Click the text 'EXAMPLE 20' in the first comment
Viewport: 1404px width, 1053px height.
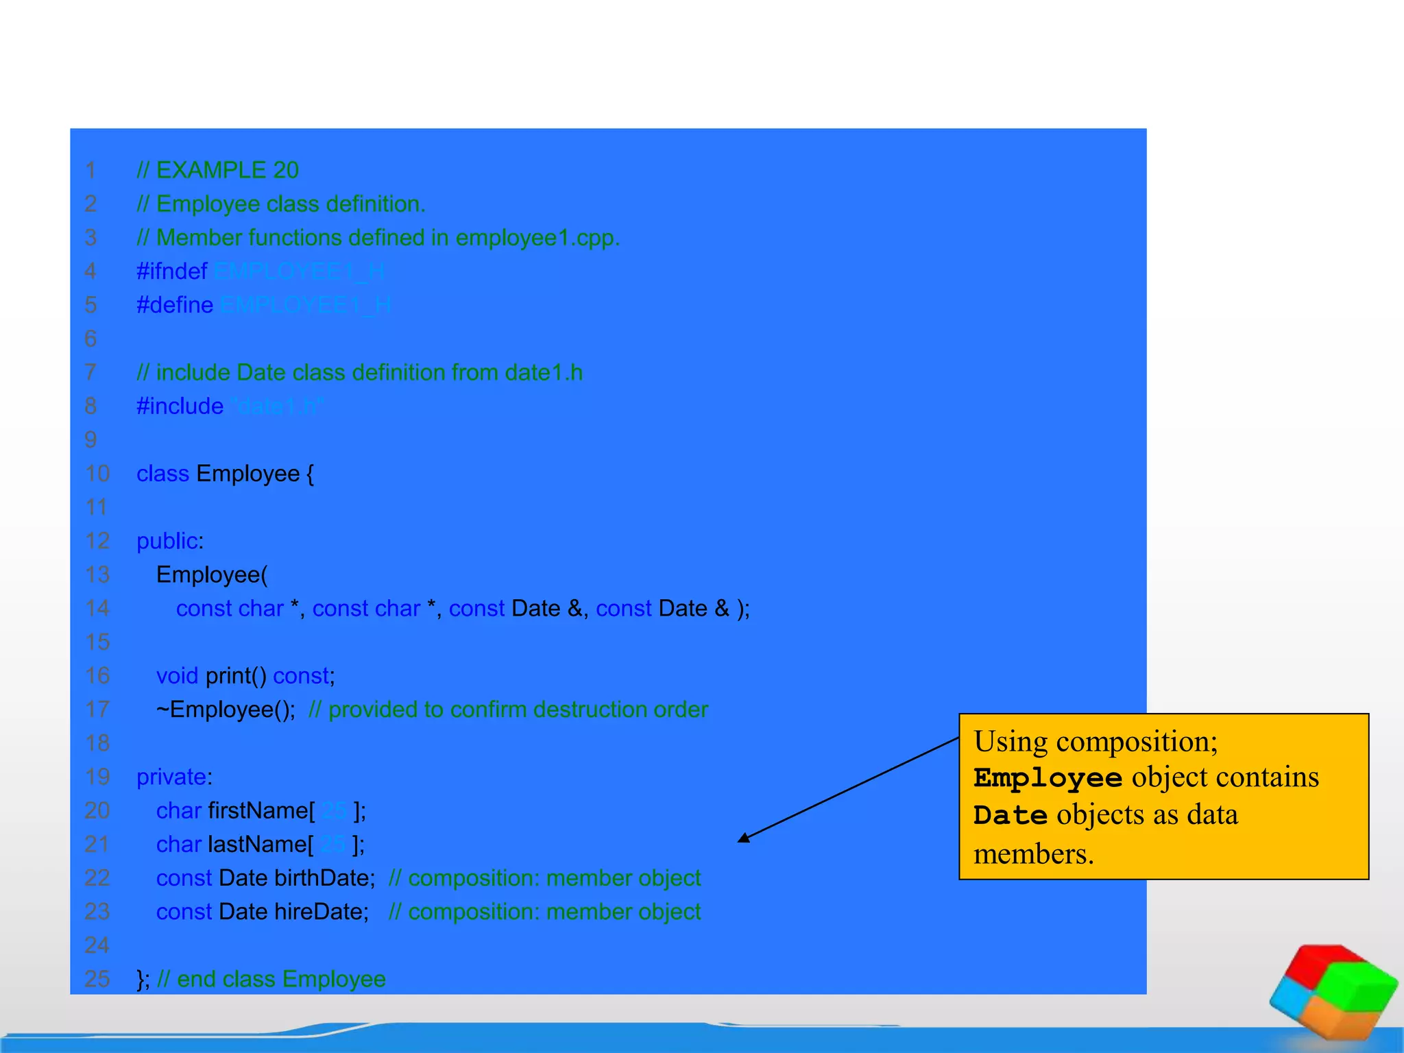coord(227,170)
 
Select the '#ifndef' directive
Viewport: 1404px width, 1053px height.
coord(171,271)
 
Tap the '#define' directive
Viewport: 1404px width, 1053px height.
coord(175,305)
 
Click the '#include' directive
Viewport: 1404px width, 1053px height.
coord(180,407)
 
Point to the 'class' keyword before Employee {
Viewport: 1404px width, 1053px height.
coord(162,474)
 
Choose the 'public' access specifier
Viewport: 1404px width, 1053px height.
coord(167,541)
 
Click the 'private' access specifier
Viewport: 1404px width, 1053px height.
coord(171,777)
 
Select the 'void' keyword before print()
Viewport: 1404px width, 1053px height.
coord(177,676)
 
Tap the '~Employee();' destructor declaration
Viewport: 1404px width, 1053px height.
coord(226,710)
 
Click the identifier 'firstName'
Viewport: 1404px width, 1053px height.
coord(258,810)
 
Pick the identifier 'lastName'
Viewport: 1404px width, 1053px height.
coord(257,844)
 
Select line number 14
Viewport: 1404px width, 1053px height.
coord(97,609)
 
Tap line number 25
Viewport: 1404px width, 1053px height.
coord(97,979)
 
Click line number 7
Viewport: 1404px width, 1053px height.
coord(90,373)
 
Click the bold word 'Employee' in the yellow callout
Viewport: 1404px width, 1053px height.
coord(1048,778)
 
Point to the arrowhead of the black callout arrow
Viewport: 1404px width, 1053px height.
coord(743,838)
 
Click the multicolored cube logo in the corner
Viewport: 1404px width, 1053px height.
coord(1333,993)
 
